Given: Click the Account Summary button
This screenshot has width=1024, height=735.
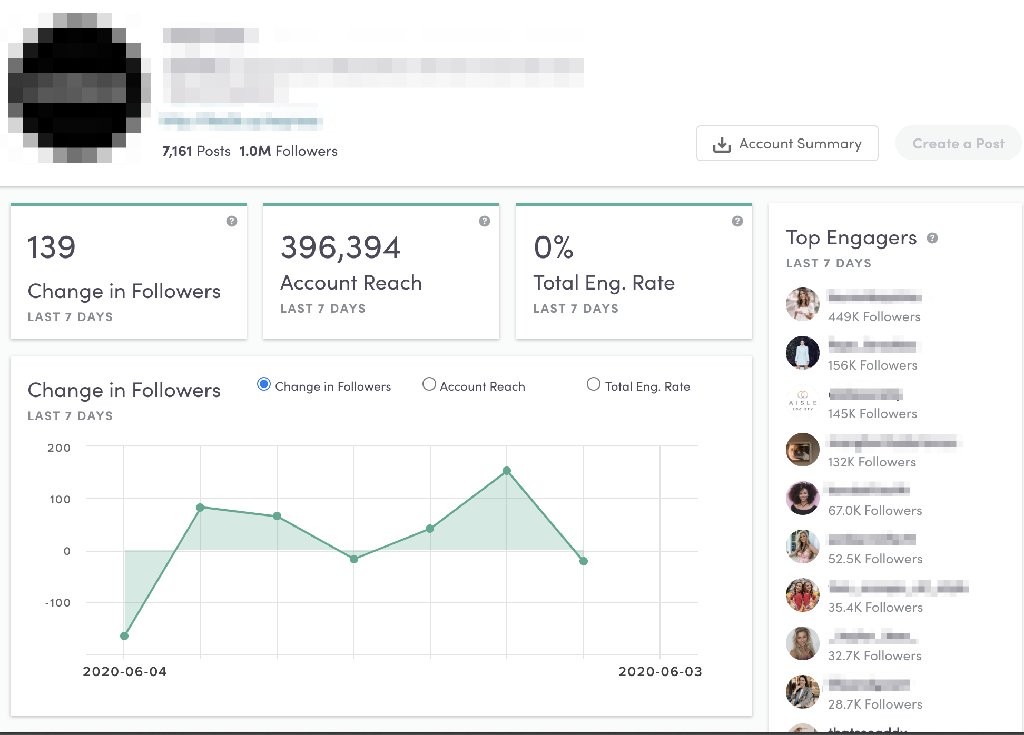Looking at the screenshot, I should click(787, 143).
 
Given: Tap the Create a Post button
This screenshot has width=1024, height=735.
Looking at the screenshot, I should click(958, 143).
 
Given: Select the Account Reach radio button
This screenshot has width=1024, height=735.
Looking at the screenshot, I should click(429, 384).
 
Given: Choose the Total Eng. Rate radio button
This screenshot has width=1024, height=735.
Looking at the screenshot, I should click(594, 384).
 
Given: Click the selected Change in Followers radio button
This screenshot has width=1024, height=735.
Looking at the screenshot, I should click(264, 384).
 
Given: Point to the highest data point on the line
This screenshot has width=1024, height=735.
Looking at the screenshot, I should click(507, 471).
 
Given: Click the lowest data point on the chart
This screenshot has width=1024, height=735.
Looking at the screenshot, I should click(124, 636).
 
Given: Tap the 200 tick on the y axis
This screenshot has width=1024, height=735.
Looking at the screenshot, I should click(59, 448).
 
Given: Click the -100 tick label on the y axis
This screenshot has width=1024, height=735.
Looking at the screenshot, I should click(58, 603).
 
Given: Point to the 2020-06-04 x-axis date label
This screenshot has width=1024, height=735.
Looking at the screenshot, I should click(125, 671).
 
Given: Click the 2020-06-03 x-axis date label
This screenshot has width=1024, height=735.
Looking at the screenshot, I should click(660, 671).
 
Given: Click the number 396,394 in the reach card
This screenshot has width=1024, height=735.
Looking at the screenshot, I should click(341, 247).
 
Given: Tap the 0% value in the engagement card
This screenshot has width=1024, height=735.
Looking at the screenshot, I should click(553, 247).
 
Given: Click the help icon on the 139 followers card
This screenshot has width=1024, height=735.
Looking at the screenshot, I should click(232, 221).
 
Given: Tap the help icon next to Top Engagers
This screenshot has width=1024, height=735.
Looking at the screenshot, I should click(932, 238).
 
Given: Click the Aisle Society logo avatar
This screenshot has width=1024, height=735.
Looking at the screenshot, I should click(802, 401).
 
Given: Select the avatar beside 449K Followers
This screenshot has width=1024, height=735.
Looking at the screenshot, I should click(802, 304).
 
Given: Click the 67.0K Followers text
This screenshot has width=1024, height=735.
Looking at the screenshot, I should click(875, 511).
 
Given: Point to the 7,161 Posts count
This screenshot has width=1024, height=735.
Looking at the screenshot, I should click(196, 151).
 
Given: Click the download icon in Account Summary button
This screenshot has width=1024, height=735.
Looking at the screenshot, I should click(722, 144).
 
